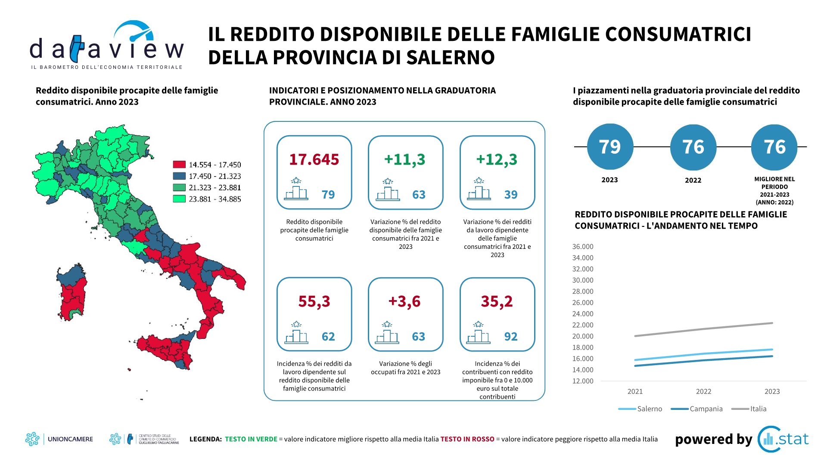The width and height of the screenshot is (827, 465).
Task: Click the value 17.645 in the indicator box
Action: pos(314,159)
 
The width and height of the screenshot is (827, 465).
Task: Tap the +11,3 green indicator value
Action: pos(405,159)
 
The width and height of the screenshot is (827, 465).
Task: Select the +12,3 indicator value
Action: pos(497,159)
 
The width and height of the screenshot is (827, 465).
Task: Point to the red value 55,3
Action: pos(314,301)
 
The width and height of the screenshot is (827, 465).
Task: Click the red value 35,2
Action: pos(497,301)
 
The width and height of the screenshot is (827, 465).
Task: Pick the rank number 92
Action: pos(511,337)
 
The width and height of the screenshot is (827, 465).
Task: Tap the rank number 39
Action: pos(511,195)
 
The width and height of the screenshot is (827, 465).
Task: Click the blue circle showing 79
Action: pos(610,147)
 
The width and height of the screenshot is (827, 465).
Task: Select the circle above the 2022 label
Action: pos(693,147)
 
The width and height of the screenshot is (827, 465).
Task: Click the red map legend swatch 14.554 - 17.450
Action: pos(179,164)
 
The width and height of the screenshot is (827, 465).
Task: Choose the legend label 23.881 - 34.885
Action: pos(215,199)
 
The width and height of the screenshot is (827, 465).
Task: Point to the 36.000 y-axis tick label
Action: pos(583,247)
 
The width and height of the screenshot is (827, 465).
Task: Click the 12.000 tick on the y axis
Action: pos(583,381)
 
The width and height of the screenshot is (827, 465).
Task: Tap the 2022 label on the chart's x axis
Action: pos(703,391)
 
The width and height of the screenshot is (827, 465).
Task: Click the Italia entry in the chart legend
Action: pos(749,409)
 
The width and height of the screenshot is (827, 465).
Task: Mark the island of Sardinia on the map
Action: pos(72,293)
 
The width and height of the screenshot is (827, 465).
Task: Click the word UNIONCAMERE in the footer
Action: pos(70,439)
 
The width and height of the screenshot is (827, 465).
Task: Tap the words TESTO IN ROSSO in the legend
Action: pos(467,439)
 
